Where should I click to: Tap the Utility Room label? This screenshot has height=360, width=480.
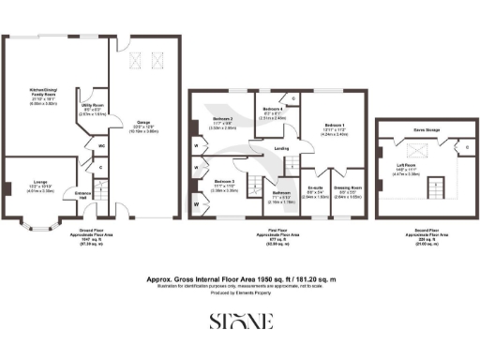point(92,107)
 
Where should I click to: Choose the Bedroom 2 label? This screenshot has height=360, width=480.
point(222,119)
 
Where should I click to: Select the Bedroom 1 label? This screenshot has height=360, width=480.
point(336,125)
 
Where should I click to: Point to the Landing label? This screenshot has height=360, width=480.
point(279,147)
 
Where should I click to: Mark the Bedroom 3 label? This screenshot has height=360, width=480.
point(223,181)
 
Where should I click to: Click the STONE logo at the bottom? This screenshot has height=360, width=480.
point(240,321)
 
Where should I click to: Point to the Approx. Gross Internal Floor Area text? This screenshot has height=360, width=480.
point(240,278)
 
